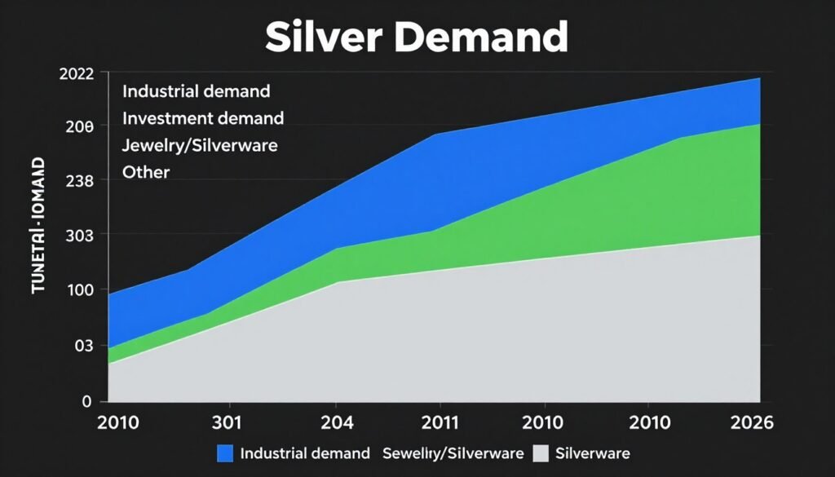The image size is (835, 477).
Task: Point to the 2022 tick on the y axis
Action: point(77,73)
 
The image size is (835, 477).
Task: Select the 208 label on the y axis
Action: point(80,127)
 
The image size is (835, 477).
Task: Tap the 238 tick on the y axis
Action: point(80,181)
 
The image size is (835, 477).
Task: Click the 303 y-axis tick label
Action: point(80,236)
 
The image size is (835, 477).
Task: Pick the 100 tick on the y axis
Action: point(80,290)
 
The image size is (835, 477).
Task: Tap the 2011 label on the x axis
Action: point(439,423)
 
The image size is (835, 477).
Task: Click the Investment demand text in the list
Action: point(203,118)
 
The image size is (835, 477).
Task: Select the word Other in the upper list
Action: point(146,172)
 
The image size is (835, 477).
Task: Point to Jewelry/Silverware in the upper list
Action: point(200,146)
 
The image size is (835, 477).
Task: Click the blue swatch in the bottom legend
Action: point(225,453)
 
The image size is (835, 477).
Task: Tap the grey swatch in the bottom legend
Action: point(540,453)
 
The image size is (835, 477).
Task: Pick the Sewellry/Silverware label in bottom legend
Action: point(452,453)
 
